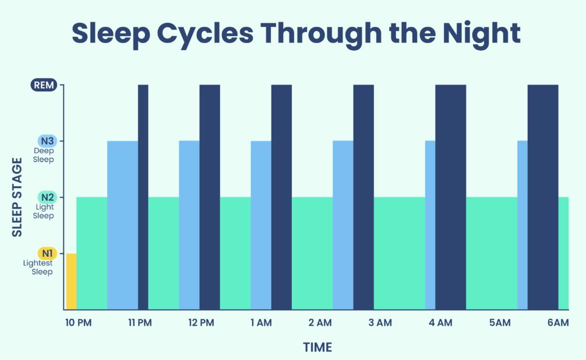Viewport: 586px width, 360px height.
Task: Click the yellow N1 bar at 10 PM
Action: pos(71,281)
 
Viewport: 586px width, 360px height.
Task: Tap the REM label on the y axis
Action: pos(44,86)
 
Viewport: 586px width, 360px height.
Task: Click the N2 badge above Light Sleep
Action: pos(47,197)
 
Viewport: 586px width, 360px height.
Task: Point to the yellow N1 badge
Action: pos(47,253)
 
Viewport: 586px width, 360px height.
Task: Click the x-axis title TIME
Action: pos(317,348)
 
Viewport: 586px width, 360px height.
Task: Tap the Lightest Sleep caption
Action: pos(38,267)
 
